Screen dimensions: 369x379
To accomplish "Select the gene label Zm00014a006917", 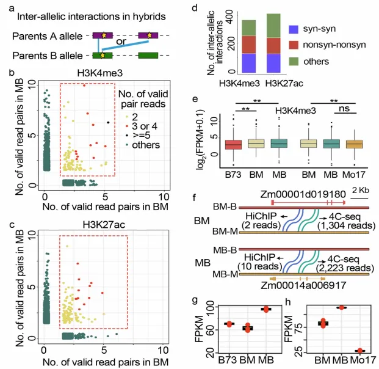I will [x=295, y=285].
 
